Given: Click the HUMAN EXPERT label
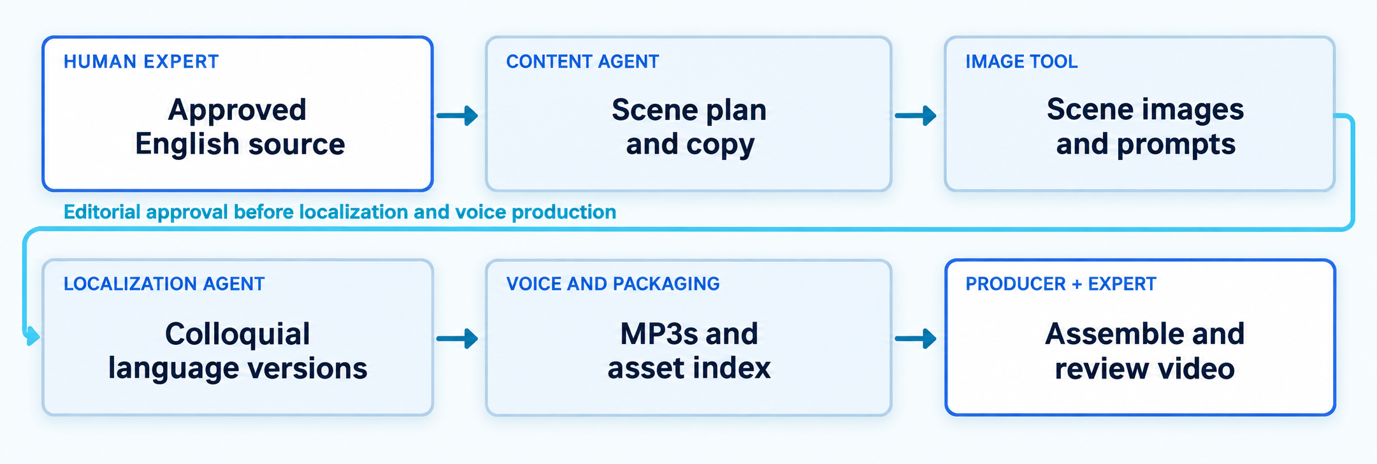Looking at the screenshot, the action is point(141,62).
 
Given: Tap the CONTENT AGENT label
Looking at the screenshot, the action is point(582,62).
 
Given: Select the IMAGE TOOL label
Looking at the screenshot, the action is point(1021,62).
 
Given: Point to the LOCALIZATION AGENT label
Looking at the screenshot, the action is point(164,284).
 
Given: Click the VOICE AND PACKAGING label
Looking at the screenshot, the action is point(613,284).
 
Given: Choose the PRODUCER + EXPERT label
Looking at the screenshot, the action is point(1060,284).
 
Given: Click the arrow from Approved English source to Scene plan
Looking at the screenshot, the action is point(458,115).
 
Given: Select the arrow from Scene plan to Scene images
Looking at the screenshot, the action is point(916,115).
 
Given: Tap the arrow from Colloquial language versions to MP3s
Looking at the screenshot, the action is point(458,338).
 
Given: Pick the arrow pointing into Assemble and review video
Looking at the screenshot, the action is point(916,338).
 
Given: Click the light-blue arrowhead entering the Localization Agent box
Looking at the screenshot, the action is point(32,336).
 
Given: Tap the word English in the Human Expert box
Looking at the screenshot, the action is point(187,145).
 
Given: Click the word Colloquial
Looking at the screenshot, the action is point(238,334).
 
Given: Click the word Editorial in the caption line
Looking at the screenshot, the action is point(102,212).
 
